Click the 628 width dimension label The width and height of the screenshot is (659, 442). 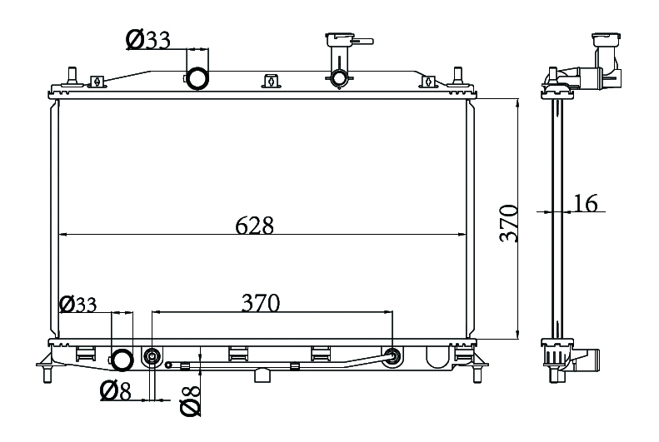pos(254,226)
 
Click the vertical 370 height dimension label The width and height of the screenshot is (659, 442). pos(508,223)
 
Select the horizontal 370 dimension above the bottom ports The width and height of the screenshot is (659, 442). pos(261,303)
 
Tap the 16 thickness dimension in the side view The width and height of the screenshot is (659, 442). pos(585,203)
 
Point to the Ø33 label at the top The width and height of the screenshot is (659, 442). pos(148,40)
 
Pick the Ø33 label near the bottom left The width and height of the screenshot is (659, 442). pos(78,304)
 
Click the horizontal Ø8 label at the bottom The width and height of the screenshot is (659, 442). pos(116,391)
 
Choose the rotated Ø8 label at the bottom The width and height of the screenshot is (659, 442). pos(191,401)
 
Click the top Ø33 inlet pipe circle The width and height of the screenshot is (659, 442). pos(197,78)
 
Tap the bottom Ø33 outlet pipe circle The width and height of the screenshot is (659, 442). pos(122,360)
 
